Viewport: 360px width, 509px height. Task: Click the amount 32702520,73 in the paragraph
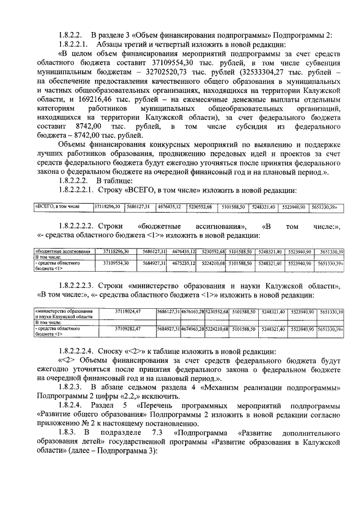[x=172, y=73]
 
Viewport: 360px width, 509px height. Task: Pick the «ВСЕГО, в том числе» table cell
[x=62, y=207]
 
